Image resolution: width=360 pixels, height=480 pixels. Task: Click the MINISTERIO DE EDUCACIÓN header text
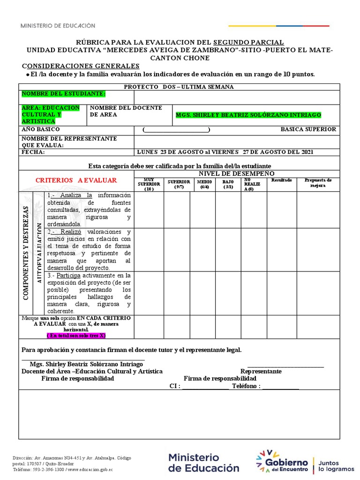[58, 26]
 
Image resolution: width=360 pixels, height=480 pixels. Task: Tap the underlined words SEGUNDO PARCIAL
[248, 42]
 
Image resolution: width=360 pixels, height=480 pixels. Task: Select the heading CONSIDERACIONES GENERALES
[81, 66]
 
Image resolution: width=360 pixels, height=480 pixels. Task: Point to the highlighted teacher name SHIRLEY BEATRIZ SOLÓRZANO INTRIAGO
[248, 115]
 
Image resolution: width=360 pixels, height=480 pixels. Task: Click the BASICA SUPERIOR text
[308, 129]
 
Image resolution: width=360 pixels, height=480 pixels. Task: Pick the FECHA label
[31, 152]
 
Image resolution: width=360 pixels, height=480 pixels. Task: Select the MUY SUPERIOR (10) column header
[149, 184]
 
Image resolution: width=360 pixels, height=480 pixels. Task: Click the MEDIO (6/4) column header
[204, 184]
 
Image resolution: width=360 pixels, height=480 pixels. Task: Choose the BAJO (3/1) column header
[228, 184]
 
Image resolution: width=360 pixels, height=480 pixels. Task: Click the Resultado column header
[281, 180]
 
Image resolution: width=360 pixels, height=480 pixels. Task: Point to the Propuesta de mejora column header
[318, 182]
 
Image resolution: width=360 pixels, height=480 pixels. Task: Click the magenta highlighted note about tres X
[76, 336]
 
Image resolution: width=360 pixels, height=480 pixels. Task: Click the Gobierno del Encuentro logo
[282, 461]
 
